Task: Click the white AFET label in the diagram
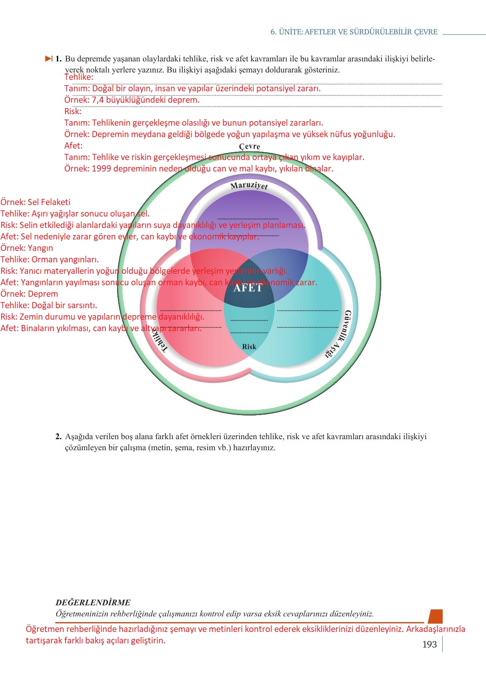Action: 248,288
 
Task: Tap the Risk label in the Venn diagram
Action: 249,347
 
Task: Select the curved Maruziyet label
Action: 249,186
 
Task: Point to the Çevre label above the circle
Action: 249,147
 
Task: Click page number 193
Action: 429,645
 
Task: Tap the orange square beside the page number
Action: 435,616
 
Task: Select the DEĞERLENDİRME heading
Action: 93,602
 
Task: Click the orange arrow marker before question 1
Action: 49,59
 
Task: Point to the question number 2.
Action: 59,436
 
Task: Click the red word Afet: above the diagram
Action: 73,146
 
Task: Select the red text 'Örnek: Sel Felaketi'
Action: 35,202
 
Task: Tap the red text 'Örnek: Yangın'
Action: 27,248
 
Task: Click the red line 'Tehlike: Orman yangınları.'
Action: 50,259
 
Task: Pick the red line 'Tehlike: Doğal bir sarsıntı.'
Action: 49,305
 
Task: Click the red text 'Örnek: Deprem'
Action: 29,294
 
